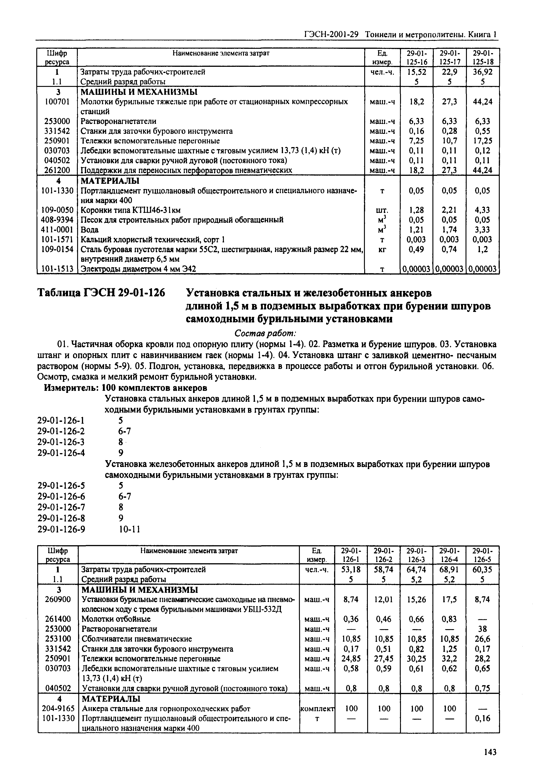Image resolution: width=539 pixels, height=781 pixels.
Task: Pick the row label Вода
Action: click(x=90, y=230)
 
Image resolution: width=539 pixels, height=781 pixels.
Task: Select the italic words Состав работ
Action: click(x=265, y=333)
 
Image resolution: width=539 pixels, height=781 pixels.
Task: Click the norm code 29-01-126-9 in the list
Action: click(x=61, y=529)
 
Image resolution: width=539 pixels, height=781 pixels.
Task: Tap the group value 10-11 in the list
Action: click(x=129, y=529)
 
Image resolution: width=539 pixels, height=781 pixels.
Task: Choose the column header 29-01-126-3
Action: click(x=416, y=555)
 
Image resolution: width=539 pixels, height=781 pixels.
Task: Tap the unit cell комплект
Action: click(x=317, y=708)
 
